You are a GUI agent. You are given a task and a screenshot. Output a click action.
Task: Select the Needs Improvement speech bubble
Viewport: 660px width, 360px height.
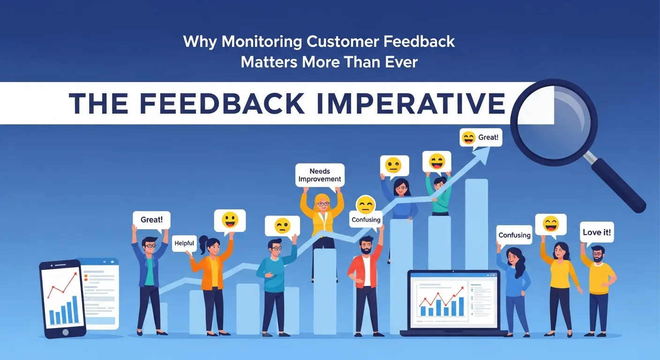pos(320,175)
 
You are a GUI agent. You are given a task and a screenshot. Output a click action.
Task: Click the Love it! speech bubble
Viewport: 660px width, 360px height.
pos(597,232)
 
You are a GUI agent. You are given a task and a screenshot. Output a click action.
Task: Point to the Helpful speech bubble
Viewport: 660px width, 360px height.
pos(184,243)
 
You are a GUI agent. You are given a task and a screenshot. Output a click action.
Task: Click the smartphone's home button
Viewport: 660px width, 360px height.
pos(65,332)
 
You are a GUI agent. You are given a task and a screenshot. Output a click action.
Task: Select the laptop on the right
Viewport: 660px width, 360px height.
pos(453,302)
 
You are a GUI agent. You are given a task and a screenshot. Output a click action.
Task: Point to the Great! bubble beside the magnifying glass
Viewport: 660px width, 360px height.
pos(480,138)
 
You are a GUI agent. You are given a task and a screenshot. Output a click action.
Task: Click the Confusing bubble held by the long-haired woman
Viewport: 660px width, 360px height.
pos(514,235)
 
